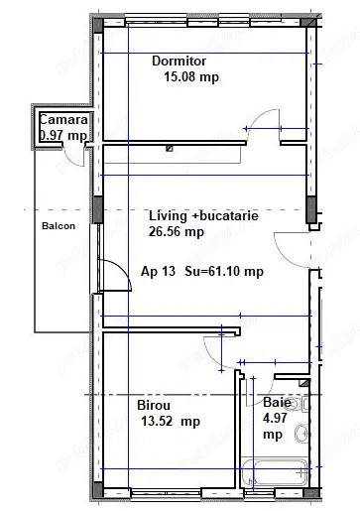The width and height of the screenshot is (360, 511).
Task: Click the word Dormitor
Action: point(178,62)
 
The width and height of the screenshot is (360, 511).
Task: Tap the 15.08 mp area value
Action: point(191,76)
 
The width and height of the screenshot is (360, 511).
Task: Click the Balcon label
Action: point(58,225)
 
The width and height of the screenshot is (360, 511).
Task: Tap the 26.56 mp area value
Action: point(176,232)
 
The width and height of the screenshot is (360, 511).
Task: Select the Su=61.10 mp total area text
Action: point(223,271)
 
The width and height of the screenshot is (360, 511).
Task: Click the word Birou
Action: point(154,405)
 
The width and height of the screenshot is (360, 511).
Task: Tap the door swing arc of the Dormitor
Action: point(266,128)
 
